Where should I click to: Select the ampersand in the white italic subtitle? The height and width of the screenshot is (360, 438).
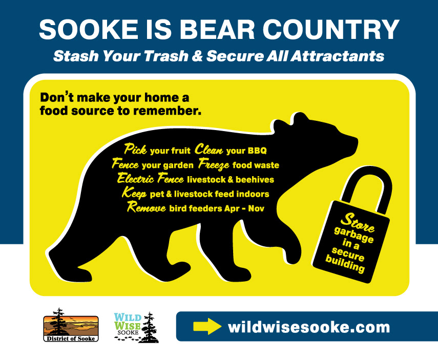pos(197,56)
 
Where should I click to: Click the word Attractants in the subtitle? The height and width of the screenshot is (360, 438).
pos(338,56)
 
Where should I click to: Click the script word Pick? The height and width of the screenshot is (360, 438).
pos(135,149)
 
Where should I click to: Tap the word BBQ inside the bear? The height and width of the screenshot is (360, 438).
pos(257,151)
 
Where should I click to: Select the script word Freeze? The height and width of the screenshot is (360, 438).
pos(214,164)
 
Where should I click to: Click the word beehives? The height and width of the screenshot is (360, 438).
pos(255,180)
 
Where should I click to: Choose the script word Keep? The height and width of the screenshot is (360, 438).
pos(134,193)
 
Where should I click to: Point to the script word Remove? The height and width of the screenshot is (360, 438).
pos(147,207)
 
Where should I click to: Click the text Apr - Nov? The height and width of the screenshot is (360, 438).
pos(244,208)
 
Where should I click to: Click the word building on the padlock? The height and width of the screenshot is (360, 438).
pos(345,264)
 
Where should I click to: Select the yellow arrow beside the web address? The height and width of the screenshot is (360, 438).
pos(207,326)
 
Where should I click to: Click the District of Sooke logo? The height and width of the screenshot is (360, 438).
pos(71,325)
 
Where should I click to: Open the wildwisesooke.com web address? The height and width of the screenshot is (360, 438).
pos(309,327)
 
